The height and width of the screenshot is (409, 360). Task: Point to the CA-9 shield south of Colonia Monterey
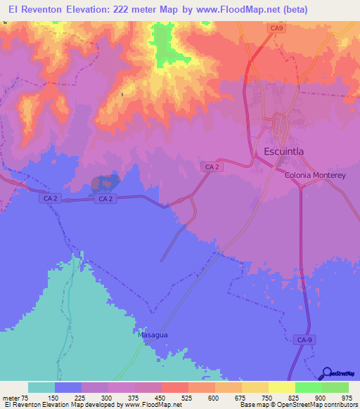(303, 339)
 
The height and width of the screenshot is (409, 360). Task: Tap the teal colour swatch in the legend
(41, 387)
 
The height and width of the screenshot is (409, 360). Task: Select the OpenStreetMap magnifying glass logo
(326, 373)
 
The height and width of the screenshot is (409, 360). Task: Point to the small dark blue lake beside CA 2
(103, 184)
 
